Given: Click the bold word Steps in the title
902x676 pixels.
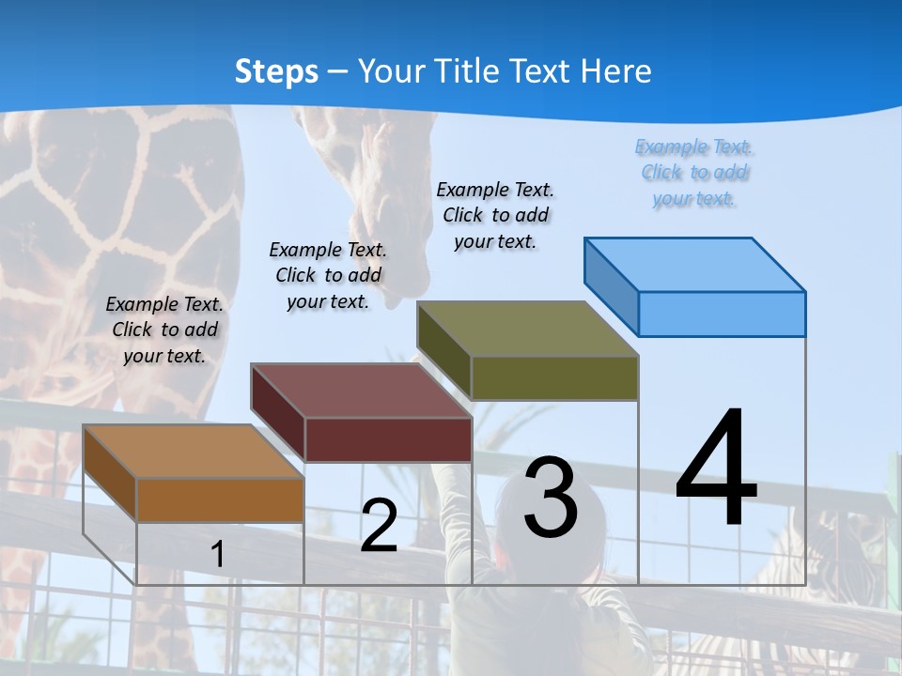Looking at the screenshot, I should click(x=276, y=71).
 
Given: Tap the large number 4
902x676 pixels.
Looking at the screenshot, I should click(x=716, y=469).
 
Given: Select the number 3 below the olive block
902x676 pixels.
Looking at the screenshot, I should click(x=551, y=498).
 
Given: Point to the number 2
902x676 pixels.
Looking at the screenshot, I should click(x=379, y=526).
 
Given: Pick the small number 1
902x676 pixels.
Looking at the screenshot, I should click(x=217, y=554).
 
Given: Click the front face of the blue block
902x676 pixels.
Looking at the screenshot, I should click(x=722, y=314).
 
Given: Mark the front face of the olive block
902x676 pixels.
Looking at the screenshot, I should click(x=554, y=377).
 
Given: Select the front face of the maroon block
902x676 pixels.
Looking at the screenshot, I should click(x=388, y=439).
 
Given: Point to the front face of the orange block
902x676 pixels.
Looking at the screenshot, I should click(x=221, y=500).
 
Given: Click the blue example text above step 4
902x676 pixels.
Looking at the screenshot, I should click(x=694, y=173).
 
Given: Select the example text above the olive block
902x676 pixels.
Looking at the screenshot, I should click(x=495, y=215).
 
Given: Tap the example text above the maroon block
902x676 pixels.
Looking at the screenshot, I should click(x=328, y=275).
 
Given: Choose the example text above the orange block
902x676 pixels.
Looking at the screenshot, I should click(x=164, y=330).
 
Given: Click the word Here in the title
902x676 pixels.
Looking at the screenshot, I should click(x=615, y=71).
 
